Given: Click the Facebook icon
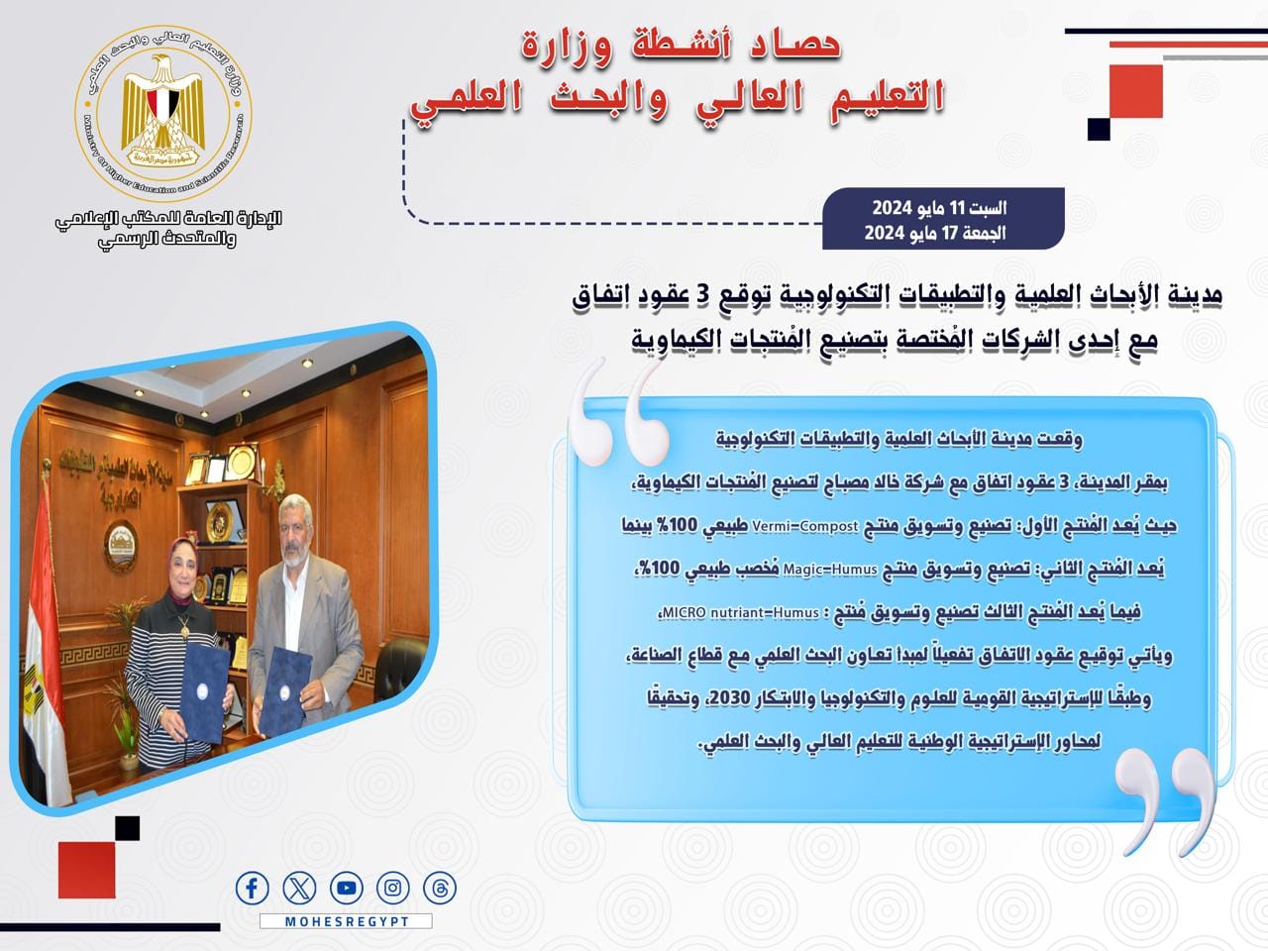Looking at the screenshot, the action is pos(252,888).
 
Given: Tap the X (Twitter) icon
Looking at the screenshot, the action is pos(299,888).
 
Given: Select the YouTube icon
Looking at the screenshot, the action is pos(347,888).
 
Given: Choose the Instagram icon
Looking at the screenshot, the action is pos(393,888).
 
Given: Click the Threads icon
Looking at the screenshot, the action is pos(440,888).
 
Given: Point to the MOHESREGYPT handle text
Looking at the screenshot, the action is pos(347,921).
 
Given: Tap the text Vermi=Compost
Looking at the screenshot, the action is pos(805,527).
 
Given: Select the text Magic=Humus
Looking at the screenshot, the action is pos(830,570).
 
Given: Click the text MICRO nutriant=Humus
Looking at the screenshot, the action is pos(740,612).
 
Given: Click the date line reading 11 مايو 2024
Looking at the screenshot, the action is pos(939,207).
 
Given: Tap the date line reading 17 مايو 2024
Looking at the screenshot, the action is pos(935,233).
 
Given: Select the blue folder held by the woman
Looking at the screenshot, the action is pos(204,691).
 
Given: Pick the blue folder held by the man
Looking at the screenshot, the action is pos(284,691).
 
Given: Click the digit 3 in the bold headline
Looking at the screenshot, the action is pos(707,295).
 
